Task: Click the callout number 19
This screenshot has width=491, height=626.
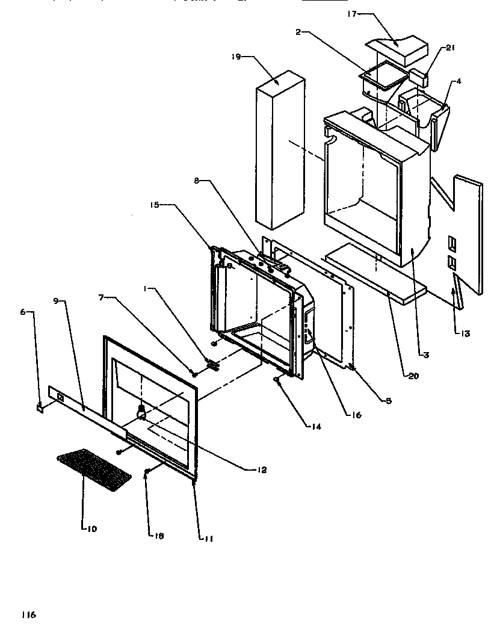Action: click(235, 57)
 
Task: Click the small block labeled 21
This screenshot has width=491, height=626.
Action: click(419, 77)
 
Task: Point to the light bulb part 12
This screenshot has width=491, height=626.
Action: click(143, 412)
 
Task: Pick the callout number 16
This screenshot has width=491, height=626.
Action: click(357, 415)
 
